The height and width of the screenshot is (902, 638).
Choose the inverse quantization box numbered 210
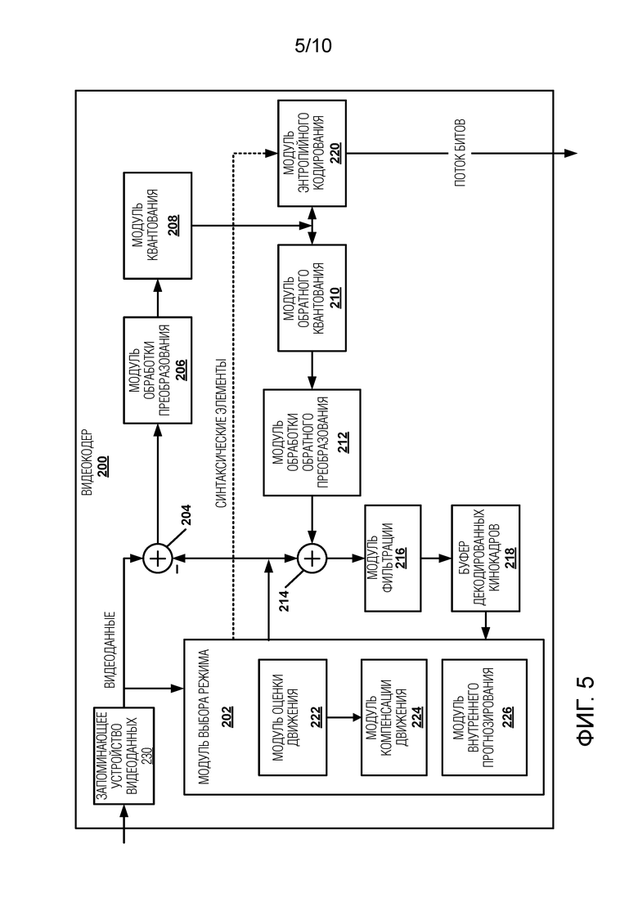(x=312, y=291)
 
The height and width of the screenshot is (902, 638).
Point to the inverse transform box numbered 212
(x=312, y=442)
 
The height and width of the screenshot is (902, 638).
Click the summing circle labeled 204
(x=156, y=559)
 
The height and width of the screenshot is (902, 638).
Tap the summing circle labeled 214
(x=312, y=559)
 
